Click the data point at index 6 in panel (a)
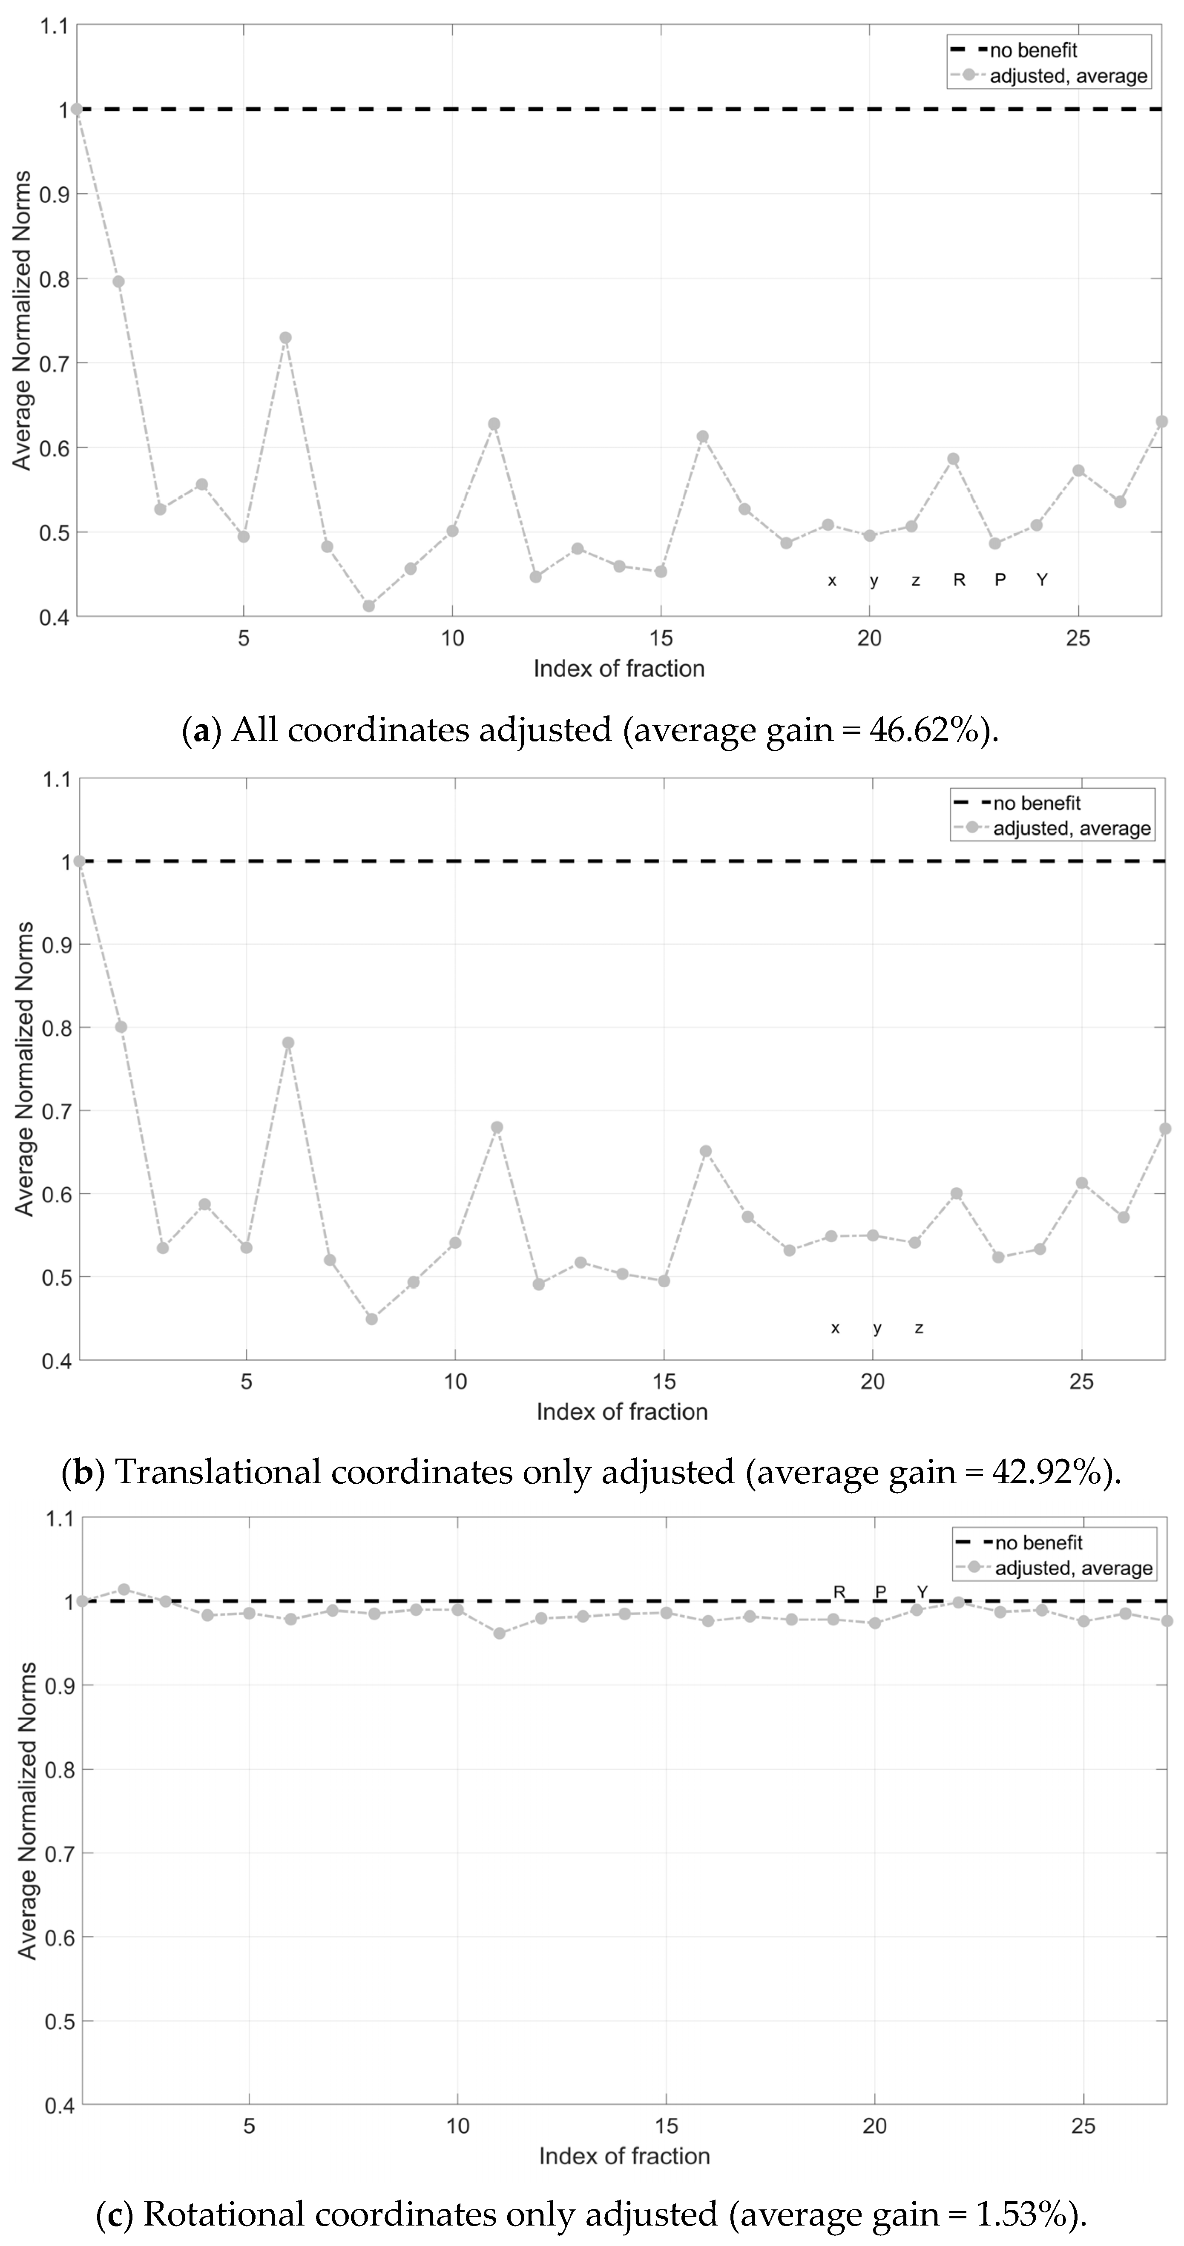285,337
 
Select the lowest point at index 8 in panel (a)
369,606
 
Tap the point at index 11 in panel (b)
497,1127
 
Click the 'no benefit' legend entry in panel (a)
1033,51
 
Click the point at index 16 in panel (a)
703,436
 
